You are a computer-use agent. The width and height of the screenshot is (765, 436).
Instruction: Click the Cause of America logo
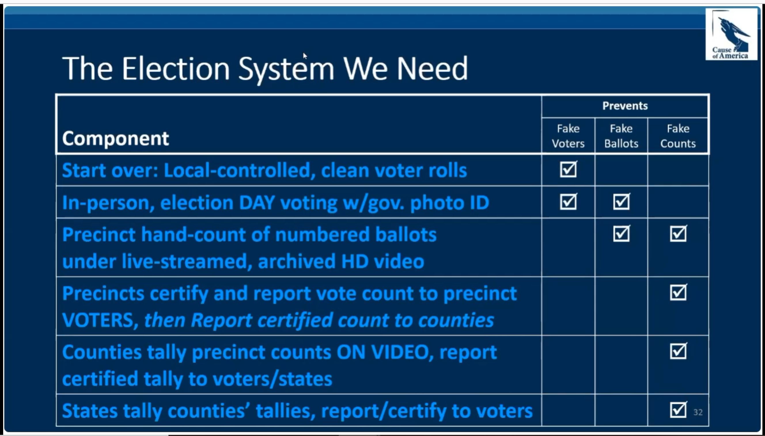[731, 34]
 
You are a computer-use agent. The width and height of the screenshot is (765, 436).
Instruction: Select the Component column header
[115, 138]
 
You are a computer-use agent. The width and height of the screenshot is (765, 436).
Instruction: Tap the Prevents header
[625, 106]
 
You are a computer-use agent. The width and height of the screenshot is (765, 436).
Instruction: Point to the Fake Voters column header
[568, 136]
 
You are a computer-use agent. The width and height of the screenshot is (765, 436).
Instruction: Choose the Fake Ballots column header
[621, 136]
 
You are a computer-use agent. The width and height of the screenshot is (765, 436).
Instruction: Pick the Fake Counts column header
[678, 136]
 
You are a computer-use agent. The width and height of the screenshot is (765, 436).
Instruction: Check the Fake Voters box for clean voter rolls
[568, 170]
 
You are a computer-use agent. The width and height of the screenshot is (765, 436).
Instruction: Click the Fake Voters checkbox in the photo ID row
[568, 202]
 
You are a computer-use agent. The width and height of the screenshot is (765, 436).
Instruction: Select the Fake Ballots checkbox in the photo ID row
[621, 202]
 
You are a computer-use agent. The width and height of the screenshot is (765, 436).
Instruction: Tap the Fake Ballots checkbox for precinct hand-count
[621, 234]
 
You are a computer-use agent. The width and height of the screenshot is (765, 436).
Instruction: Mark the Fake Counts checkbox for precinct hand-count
[678, 234]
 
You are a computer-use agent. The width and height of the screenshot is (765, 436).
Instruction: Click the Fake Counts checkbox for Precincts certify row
[678, 292]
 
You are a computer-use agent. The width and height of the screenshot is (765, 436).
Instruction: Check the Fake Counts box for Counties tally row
[678, 351]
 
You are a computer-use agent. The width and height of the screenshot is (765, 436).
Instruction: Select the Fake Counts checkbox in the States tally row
[678, 410]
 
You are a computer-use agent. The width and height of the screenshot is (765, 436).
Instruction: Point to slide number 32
[698, 412]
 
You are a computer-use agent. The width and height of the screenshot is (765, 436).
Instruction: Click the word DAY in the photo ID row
[257, 203]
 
